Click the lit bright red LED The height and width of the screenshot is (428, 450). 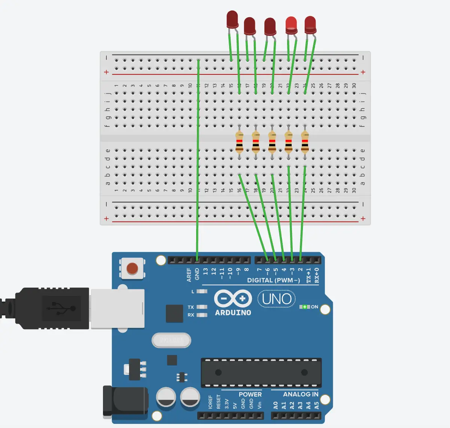click(291, 25)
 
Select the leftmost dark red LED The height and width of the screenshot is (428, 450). click(232, 19)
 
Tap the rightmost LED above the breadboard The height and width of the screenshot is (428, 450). click(310, 24)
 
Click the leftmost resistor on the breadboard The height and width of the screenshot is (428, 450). click(239, 143)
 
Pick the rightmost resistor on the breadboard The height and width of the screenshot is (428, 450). click(305, 143)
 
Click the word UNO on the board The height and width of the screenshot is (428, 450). click(277, 299)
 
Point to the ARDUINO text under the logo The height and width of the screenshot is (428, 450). click(233, 312)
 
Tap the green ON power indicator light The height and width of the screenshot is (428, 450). click(305, 307)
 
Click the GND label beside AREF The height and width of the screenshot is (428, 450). click(197, 274)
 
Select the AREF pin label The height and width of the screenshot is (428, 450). click(189, 275)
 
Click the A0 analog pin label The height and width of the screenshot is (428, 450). click(276, 406)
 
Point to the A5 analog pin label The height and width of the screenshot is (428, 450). click(317, 406)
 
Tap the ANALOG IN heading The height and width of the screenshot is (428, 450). click(301, 394)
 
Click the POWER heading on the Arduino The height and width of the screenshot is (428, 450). click(250, 394)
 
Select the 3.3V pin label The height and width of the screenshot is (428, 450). click(226, 404)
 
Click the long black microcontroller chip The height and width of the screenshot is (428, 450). click(261, 373)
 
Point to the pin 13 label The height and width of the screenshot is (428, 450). click(206, 271)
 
